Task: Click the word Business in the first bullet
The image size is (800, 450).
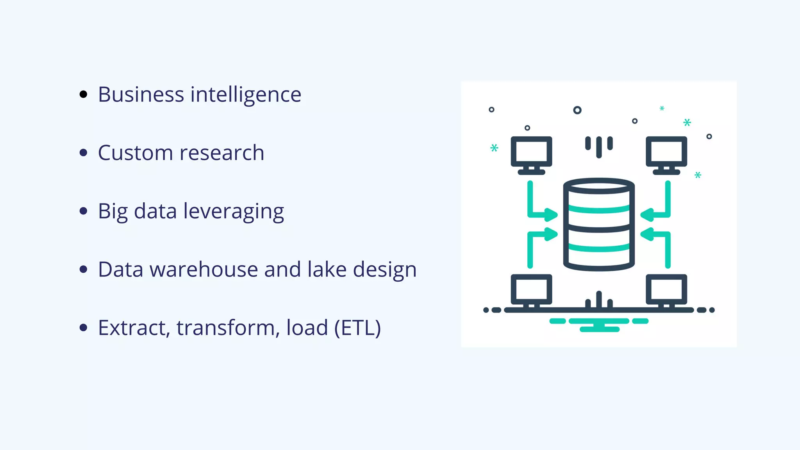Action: tap(141, 95)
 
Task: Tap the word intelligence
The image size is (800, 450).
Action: tap(246, 95)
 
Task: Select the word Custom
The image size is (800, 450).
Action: tap(135, 153)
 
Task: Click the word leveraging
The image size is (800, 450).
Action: tap(234, 212)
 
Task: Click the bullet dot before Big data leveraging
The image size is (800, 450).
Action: tap(83, 211)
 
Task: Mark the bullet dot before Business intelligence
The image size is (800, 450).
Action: tap(83, 94)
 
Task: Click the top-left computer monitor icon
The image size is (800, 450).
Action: tap(531, 154)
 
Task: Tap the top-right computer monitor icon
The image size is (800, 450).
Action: tap(666, 154)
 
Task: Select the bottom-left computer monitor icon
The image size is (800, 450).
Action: tap(531, 291)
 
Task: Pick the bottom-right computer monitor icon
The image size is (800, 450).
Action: tap(666, 291)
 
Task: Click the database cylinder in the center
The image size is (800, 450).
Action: tap(598, 225)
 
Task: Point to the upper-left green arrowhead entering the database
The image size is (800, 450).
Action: tap(551, 214)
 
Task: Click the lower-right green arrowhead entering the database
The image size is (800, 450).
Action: tap(647, 234)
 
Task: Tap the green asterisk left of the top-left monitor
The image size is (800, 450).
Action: tap(494, 148)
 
